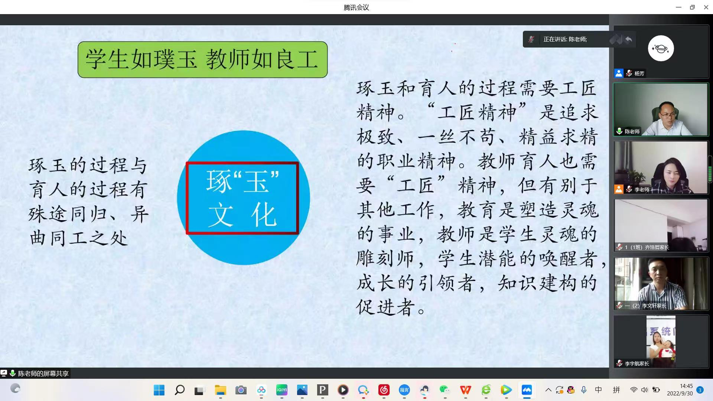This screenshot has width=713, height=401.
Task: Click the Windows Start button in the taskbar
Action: pos(159,390)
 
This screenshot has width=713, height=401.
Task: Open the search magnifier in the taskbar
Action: pos(180,390)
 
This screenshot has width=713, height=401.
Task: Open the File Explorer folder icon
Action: pos(220,390)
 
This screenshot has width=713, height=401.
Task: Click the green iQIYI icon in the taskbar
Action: pos(282,390)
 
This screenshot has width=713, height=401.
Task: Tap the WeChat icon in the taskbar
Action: pos(445,390)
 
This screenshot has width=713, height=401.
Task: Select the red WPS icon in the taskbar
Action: pos(465,390)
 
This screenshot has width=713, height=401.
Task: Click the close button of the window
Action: pos(706,7)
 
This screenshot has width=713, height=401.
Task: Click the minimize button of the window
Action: pos(678,7)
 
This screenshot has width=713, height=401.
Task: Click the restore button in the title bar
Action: pos(692,7)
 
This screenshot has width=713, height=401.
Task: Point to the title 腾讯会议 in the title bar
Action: pos(356,7)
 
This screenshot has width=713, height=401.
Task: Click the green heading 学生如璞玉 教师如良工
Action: pos(202,59)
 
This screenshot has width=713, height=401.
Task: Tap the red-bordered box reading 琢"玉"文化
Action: pos(242,198)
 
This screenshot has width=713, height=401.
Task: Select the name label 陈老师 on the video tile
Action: pos(632,131)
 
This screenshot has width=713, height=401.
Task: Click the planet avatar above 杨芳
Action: pos(661,48)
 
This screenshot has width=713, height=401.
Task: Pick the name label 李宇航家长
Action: pos(637,363)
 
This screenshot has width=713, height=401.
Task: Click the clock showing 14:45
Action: pos(686,386)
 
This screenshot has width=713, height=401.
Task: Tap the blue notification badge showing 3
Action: pos(700,390)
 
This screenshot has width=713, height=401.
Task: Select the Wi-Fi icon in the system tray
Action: pos(634,390)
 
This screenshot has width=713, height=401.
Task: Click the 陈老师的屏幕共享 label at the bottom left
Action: pos(43,374)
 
